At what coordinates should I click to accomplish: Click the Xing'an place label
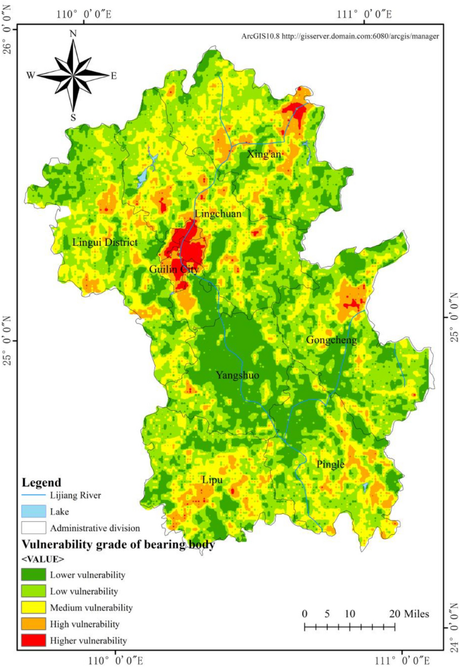click(264, 154)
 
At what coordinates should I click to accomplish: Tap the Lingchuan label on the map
click(217, 214)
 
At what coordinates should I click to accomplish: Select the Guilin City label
click(174, 269)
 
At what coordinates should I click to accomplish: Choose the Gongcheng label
click(330, 340)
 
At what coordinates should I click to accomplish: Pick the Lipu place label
click(213, 480)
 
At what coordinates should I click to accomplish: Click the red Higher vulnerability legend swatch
click(34, 640)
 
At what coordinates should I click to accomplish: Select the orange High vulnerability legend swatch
click(34, 624)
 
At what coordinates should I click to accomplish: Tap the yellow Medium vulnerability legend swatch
click(34, 608)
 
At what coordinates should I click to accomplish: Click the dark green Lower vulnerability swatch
click(34, 575)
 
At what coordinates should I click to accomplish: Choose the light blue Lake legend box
click(34, 512)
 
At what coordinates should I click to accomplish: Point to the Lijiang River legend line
click(34, 497)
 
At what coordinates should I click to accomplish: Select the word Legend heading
click(42, 482)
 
